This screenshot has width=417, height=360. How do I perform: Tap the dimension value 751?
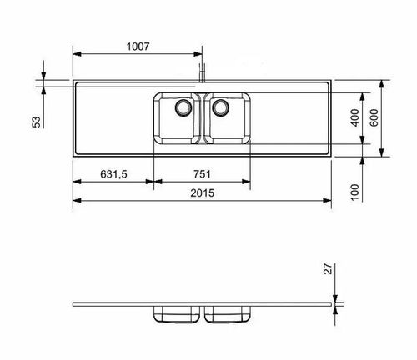click(x=202, y=174)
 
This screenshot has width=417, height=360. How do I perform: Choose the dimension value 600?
click(x=375, y=117)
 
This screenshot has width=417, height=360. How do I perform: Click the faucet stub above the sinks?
click(x=202, y=72)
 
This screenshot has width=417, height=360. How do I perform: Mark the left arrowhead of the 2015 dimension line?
click(x=76, y=201)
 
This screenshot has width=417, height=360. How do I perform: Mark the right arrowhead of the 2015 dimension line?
click(x=328, y=201)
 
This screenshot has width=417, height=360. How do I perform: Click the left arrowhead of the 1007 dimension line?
click(x=76, y=55)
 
